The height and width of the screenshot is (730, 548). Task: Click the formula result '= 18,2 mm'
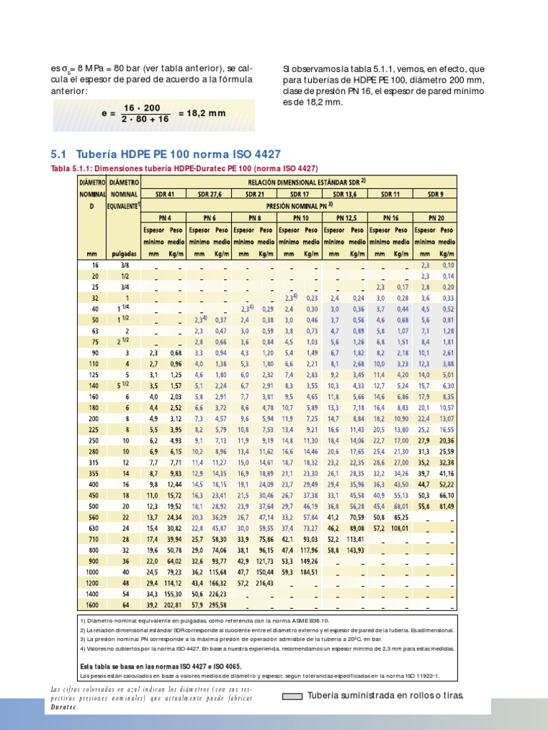(202, 113)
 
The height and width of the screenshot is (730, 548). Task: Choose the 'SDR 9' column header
(435, 194)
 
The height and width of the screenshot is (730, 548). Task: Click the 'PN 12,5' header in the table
(345, 218)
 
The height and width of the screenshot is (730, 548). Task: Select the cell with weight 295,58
(218, 606)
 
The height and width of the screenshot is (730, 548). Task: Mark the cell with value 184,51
(309, 572)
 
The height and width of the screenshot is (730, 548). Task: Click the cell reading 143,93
(355, 550)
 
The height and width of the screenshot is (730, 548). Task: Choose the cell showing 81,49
(447, 505)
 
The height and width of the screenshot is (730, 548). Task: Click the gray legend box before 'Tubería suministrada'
(293, 696)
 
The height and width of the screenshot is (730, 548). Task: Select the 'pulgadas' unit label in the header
(124, 252)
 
